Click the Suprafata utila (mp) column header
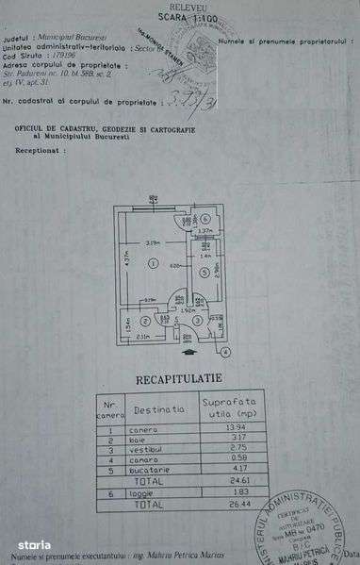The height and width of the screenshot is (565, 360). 229,407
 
